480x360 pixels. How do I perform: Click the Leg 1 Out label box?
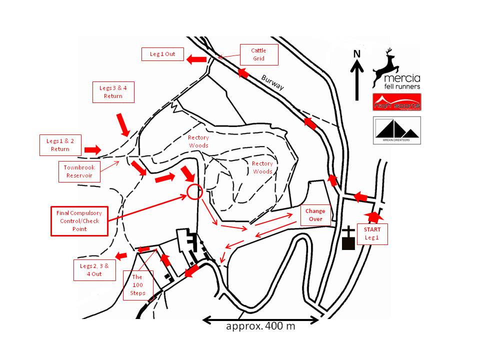(x=162, y=54)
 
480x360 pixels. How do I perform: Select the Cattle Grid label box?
(x=258, y=54)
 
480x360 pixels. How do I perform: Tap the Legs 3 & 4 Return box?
(x=113, y=92)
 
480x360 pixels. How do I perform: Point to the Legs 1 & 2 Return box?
(x=60, y=145)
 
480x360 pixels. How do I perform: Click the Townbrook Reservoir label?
(x=79, y=171)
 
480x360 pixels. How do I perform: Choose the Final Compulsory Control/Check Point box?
(x=79, y=220)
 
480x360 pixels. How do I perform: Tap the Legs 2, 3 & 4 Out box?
(x=94, y=270)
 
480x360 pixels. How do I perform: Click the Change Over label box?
(x=316, y=215)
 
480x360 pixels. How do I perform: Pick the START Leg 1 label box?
(x=372, y=233)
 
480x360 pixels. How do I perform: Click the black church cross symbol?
(x=348, y=237)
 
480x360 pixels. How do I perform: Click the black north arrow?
(x=356, y=80)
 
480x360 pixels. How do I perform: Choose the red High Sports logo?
(x=396, y=101)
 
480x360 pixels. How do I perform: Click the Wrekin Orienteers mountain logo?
(x=396, y=130)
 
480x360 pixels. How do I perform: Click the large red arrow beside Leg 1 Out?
(x=196, y=59)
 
